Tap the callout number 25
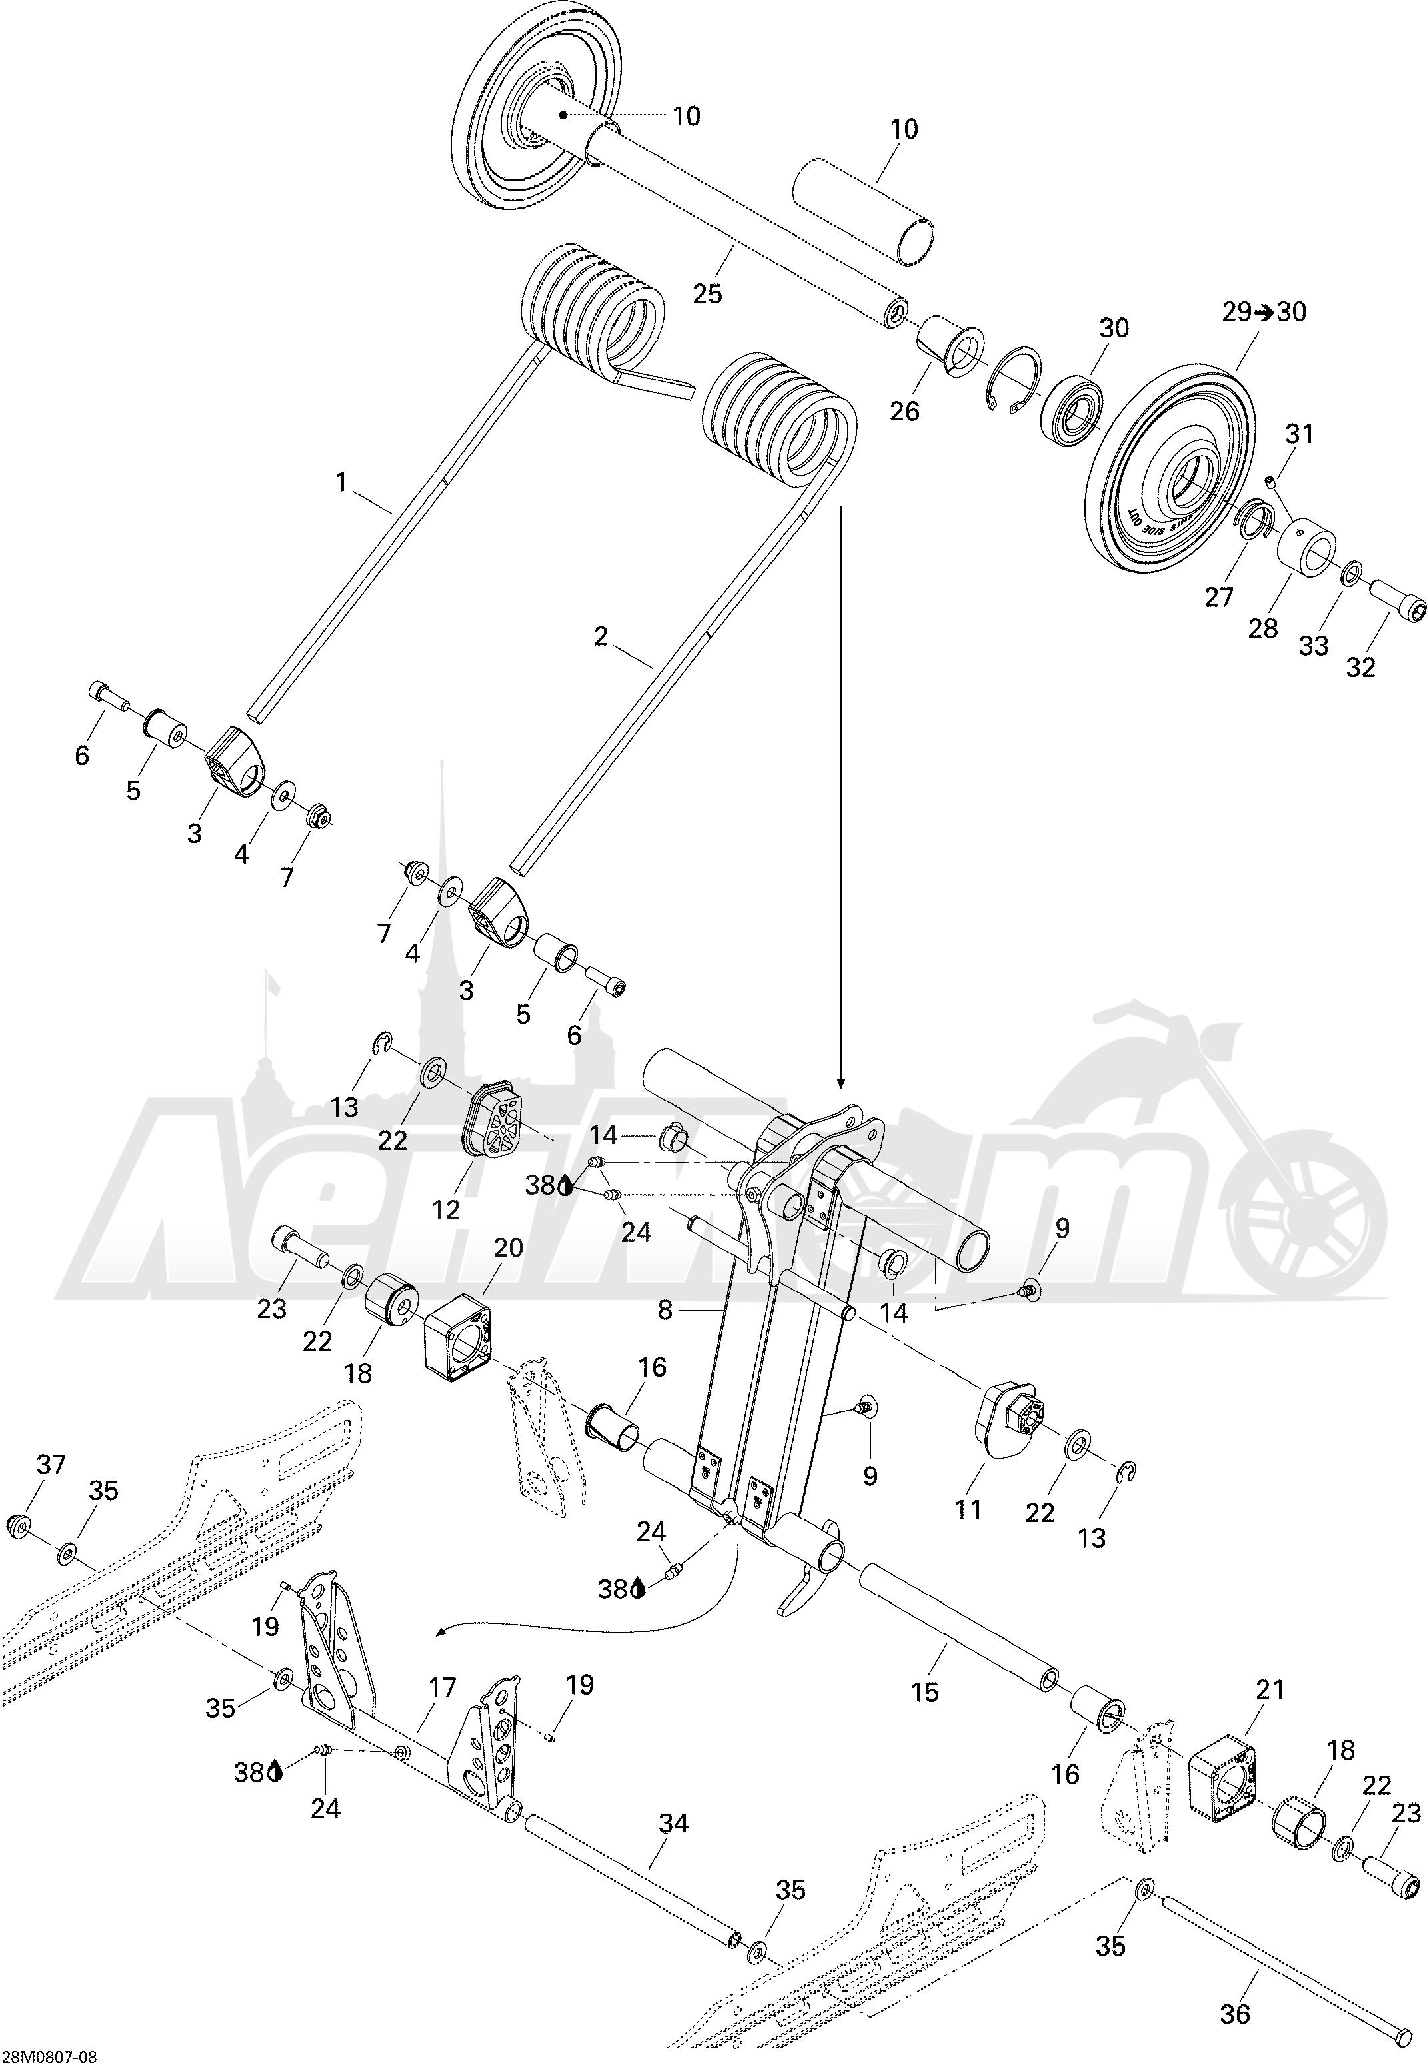pos(707,294)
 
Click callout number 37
pos(51,1465)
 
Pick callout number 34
pos(673,1823)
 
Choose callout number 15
pos(924,1692)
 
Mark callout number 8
pos(665,1310)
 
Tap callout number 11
pos(968,1509)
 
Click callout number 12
pos(445,1209)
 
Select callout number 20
pos(508,1247)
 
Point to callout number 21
pos(1270,1689)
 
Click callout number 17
pos(442,1689)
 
